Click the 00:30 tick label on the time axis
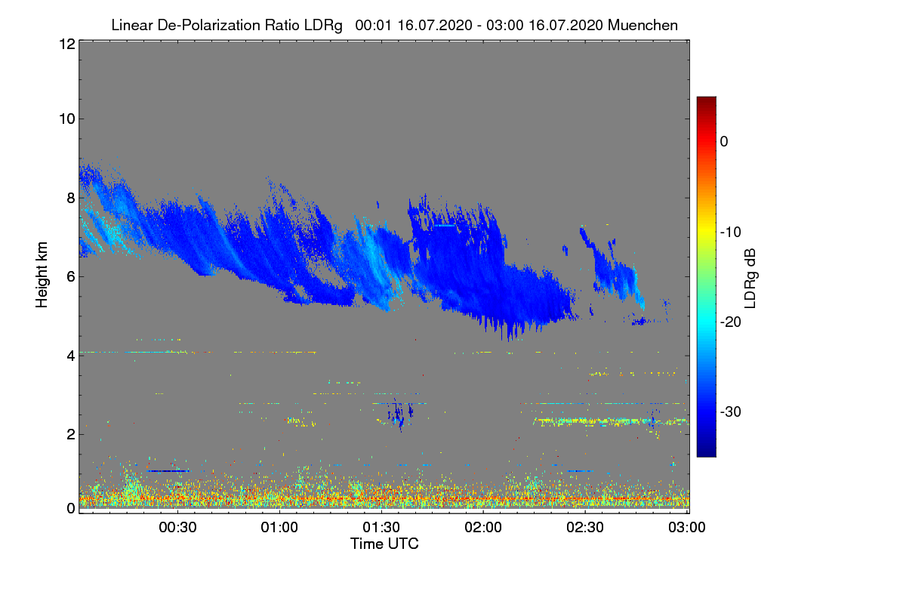(177, 527)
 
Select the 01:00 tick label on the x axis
(279, 527)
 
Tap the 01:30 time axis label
(381, 527)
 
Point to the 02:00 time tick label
(483, 527)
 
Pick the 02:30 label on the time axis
(585, 527)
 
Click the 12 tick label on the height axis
(66, 44)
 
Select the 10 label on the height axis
(66, 119)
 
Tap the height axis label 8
(70, 198)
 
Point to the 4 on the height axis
(70, 355)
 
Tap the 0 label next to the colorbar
(724, 141)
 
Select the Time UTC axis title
(384, 544)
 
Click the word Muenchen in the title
(643, 25)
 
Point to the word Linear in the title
(131, 25)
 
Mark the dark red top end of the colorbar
(706, 100)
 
